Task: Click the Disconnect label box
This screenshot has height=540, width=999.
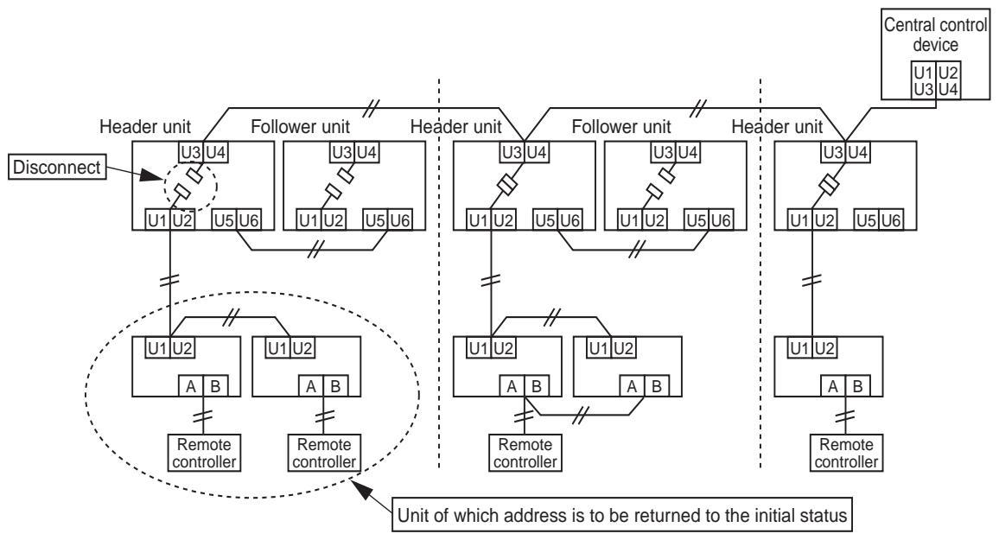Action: [x=57, y=168]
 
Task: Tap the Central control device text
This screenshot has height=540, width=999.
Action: [x=935, y=35]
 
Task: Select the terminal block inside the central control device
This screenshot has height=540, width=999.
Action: [x=935, y=80]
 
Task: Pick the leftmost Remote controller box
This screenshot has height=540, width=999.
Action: [x=204, y=453]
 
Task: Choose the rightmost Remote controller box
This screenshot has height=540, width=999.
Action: [x=846, y=453]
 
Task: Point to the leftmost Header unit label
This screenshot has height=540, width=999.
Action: [x=145, y=127]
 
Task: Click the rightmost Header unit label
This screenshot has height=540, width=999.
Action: [x=777, y=127]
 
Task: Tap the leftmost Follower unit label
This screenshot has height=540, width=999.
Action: [x=300, y=127]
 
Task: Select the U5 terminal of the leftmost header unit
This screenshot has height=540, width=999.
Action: [x=224, y=220]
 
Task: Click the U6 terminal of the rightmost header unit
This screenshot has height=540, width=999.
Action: [x=891, y=220]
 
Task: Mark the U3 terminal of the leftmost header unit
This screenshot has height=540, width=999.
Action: [x=191, y=152]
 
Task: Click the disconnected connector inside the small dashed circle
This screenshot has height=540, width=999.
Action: [x=189, y=182]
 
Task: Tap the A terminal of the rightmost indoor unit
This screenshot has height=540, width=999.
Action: [x=832, y=386]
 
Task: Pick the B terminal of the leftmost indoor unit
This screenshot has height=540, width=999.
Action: [x=215, y=386]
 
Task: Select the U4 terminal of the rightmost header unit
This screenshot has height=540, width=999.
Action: [x=857, y=152]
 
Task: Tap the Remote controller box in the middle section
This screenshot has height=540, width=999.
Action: [x=525, y=453]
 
